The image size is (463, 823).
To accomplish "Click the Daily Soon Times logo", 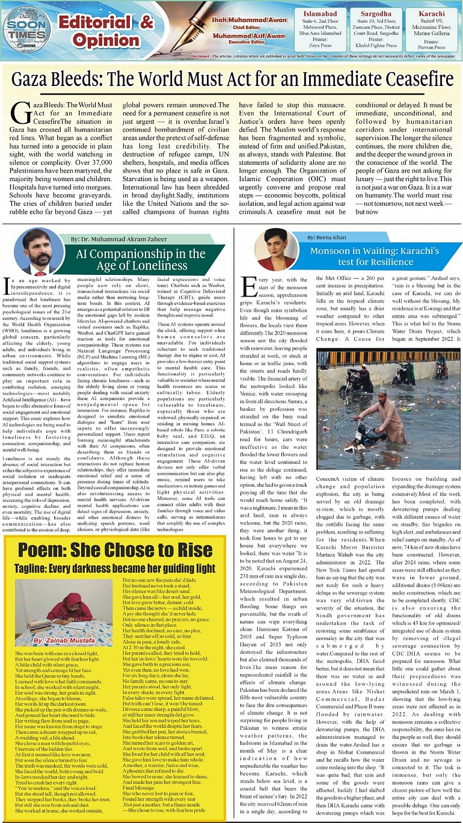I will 26,28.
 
